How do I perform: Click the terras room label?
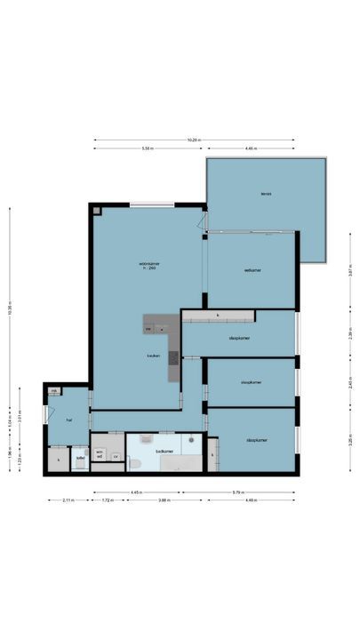click(x=265, y=194)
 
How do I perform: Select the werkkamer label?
click(x=252, y=270)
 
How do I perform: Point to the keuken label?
click(x=154, y=356)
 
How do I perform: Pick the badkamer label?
click(x=164, y=452)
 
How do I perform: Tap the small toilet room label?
click(x=80, y=459)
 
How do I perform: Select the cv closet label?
click(x=116, y=459)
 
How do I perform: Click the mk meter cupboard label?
click(x=53, y=391)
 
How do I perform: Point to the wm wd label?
click(x=100, y=453)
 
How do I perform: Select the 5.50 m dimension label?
click(x=147, y=149)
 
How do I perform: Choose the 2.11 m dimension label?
click(x=66, y=500)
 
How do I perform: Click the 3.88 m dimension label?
click(x=164, y=500)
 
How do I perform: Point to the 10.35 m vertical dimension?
click(x=9, y=311)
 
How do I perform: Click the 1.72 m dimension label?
click(x=107, y=500)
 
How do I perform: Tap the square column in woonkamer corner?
click(x=97, y=212)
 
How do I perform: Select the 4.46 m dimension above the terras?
click(x=251, y=149)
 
